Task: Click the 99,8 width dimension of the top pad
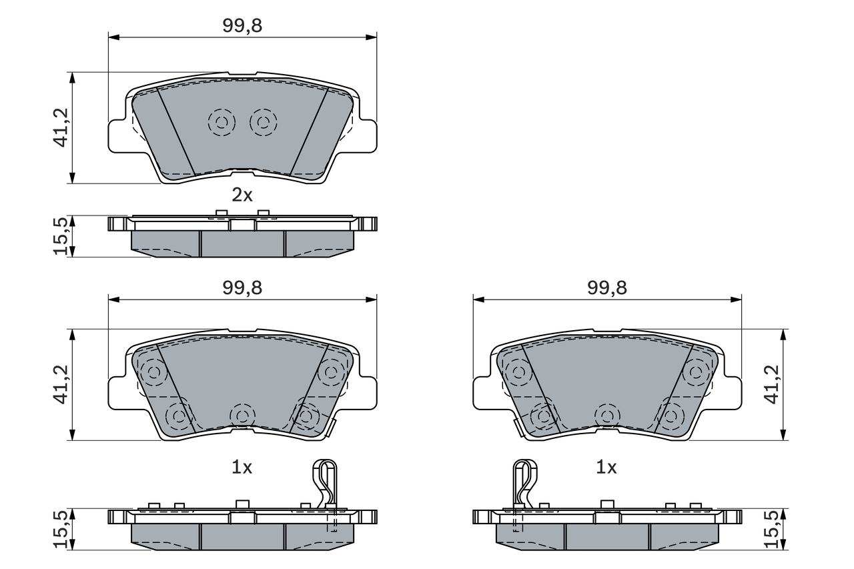pyautogui.click(x=242, y=26)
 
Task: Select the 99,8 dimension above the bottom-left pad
pyautogui.click(x=242, y=288)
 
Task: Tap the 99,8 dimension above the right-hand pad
pyautogui.click(x=607, y=288)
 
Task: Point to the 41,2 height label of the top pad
pyautogui.click(x=60, y=127)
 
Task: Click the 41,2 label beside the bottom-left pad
pyautogui.click(x=60, y=384)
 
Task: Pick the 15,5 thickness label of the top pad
pyautogui.click(x=60, y=236)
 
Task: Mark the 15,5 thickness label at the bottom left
pyautogui.click(x=60, y=529)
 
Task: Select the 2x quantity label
pyautogui.click(x=242, y=195)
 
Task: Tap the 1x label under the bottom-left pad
pyautogui.click(x=242, y=467)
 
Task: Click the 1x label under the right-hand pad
pyautogui.click(x=606, y=467)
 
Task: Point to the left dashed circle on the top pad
pyautogui.click(x=222, y=122)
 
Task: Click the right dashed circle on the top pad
pyautogui.click(x=263, y=122)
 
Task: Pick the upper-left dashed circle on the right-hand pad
pyautogui.click(x=518, y=372)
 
